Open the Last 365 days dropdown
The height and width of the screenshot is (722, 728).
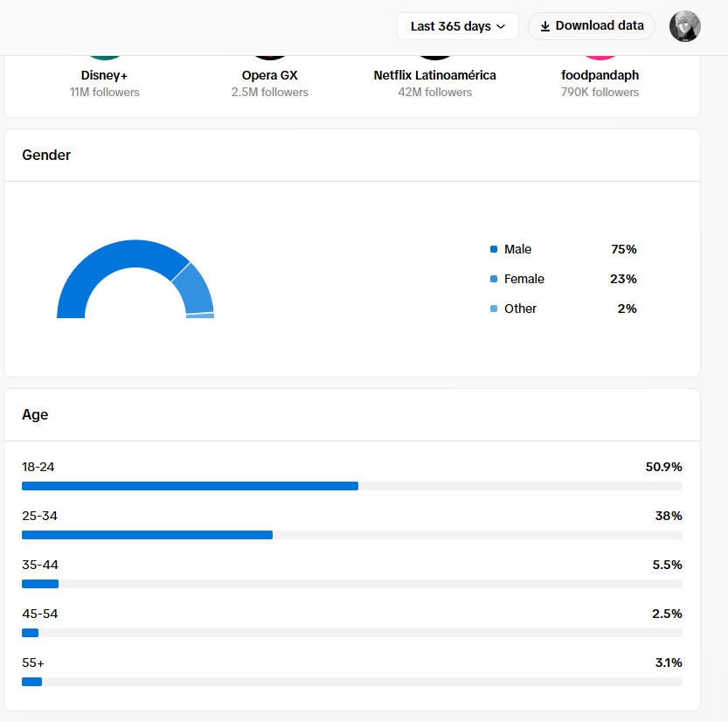(457, 26)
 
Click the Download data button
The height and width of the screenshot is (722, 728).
(592, 26)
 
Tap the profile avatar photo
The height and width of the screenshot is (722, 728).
(685, 26)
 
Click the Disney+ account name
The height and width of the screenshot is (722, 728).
(104, 75)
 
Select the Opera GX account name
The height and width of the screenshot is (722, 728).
(270, 75)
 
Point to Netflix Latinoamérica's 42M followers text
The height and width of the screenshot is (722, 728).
(434, 93)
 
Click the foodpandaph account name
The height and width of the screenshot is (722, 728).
(600, 75)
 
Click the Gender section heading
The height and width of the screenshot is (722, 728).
(46, 155)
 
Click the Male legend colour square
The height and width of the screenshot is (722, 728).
(494, 249)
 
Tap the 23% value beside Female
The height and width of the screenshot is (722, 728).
(623, 279)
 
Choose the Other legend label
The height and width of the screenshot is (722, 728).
(520, 309)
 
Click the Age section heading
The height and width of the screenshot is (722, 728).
(35, 414)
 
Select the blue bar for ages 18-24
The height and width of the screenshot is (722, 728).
(190, 486)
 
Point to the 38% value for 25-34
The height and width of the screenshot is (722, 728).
(669, 516)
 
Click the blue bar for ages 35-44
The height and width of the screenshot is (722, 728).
(40, 584)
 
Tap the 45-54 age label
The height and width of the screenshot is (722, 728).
(40, 614)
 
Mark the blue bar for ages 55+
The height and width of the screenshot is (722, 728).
(32, 682)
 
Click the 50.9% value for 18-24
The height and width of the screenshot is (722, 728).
(663, 467)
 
